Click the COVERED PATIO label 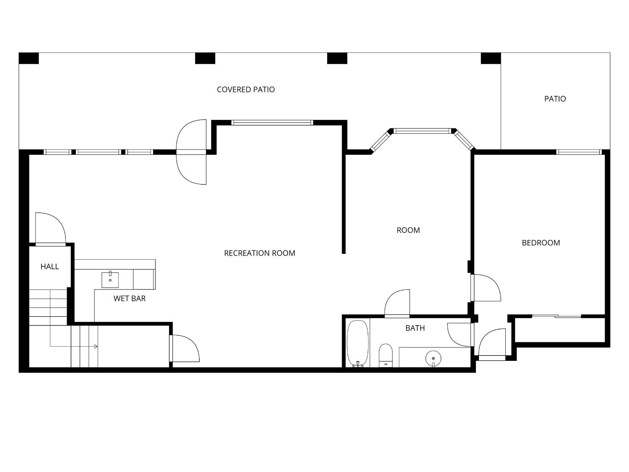pyautogui.click(x=246, y=90)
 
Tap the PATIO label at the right pyautogui.click(x=555, y=99)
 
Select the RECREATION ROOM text pyautogui.click(x=259, y=253)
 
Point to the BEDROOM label pyautogui.click(x=541, y=243)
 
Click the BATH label pyautogui.click(x=415, y=328)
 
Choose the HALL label pyautogui.click(x=49, y=266)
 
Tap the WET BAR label pyautogui.click(x=130, y=298)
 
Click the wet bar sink pyautogui.click(x=110, y=280)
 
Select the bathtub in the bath pyautogui.click(x=357, y=343)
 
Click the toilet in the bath pyautogui.click(x=385, y=355)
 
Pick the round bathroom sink pyautogui.click(x=433, y=358)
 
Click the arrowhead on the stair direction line pyautogui.click(x=96, y=347)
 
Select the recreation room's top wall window pyautogui.click(x=272, y=123)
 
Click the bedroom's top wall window pyautogui.click(x=579, y=152)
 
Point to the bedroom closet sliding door pyautogui.click(x=556, y=316)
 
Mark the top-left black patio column pyautogui.click(x=29, y=58)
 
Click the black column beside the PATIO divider pyautogui.click(x=491, y=58)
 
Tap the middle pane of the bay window pyautogui.click(x=422, y=131)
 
